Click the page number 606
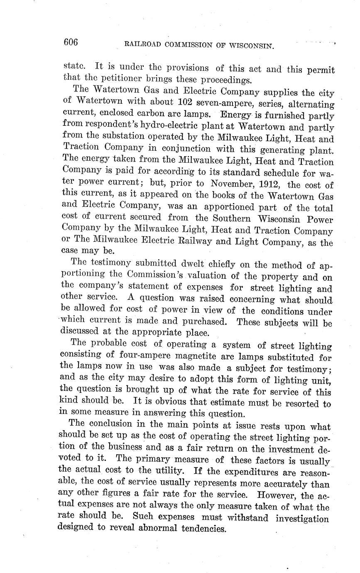(71, 42)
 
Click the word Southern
(232, 218)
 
